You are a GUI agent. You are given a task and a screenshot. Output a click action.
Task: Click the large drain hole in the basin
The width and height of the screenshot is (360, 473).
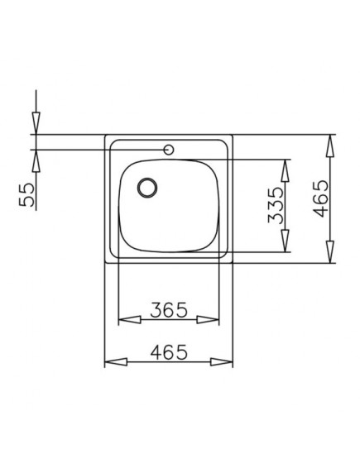click(x=146, y=187)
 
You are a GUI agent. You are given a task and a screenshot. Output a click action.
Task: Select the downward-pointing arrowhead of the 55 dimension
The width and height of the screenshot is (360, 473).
click(x=36, y=125)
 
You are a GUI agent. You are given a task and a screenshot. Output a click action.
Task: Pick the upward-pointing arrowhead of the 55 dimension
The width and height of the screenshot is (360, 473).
click(x=36, y=158)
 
